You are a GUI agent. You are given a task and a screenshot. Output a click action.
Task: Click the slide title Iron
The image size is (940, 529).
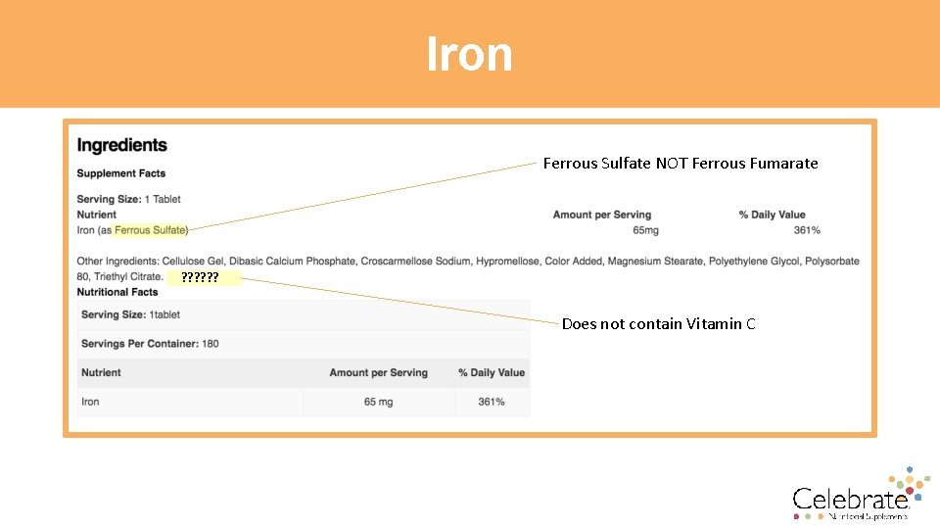pyautogui.click(x=469, y=54)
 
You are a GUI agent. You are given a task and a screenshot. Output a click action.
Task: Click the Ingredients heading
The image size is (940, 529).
pyautogui.click(x=122, y=145)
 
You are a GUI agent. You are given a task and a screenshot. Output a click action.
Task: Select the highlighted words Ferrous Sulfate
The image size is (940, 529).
pyautogui.click(x=150, y=230)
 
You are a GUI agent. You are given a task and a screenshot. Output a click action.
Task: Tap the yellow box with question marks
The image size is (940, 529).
pyautogui.click(x=210, y=278)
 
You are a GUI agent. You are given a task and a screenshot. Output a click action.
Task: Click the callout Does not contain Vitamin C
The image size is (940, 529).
pyautogui.click(x=658, y=324)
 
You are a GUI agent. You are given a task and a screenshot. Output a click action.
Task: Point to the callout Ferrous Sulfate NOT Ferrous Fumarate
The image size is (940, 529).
pyautogui.click(x=681, y=164)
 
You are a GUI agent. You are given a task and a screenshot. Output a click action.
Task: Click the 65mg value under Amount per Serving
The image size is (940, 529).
pyautogui.click(x=645, y=230)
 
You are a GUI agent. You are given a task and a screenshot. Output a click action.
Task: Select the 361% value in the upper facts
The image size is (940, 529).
pyautogui.click(x=807, y=230)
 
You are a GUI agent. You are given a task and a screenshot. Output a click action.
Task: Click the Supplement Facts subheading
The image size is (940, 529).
pyautogui.click(x=121, y=173)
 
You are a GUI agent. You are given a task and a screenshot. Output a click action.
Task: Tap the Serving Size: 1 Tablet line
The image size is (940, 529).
pyautogui.click(x=129, y=199)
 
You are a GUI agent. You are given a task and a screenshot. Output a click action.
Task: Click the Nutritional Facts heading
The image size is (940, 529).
pyautogui.click(x=117, y=292)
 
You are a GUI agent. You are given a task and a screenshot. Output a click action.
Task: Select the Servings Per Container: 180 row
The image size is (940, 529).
pyautogui.click(x=150, y=344)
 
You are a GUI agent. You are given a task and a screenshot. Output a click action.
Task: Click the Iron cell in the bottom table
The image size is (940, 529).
pyautogui.click(x=90, y=402)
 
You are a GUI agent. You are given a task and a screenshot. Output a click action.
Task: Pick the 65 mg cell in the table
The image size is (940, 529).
pyautogui.click(x=378, y=402)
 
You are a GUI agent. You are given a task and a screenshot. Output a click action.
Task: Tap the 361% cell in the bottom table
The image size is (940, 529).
pyautogui.click(x=492, y=402)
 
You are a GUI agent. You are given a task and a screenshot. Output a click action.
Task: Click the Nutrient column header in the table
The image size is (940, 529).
pyautogui.click(x=101, y=372)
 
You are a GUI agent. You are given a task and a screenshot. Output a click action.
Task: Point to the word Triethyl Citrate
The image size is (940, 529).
pyautogui.click(x=128, y=276)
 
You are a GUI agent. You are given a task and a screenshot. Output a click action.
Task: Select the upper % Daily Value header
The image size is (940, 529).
pyautogui.click(x=772, y=215)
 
